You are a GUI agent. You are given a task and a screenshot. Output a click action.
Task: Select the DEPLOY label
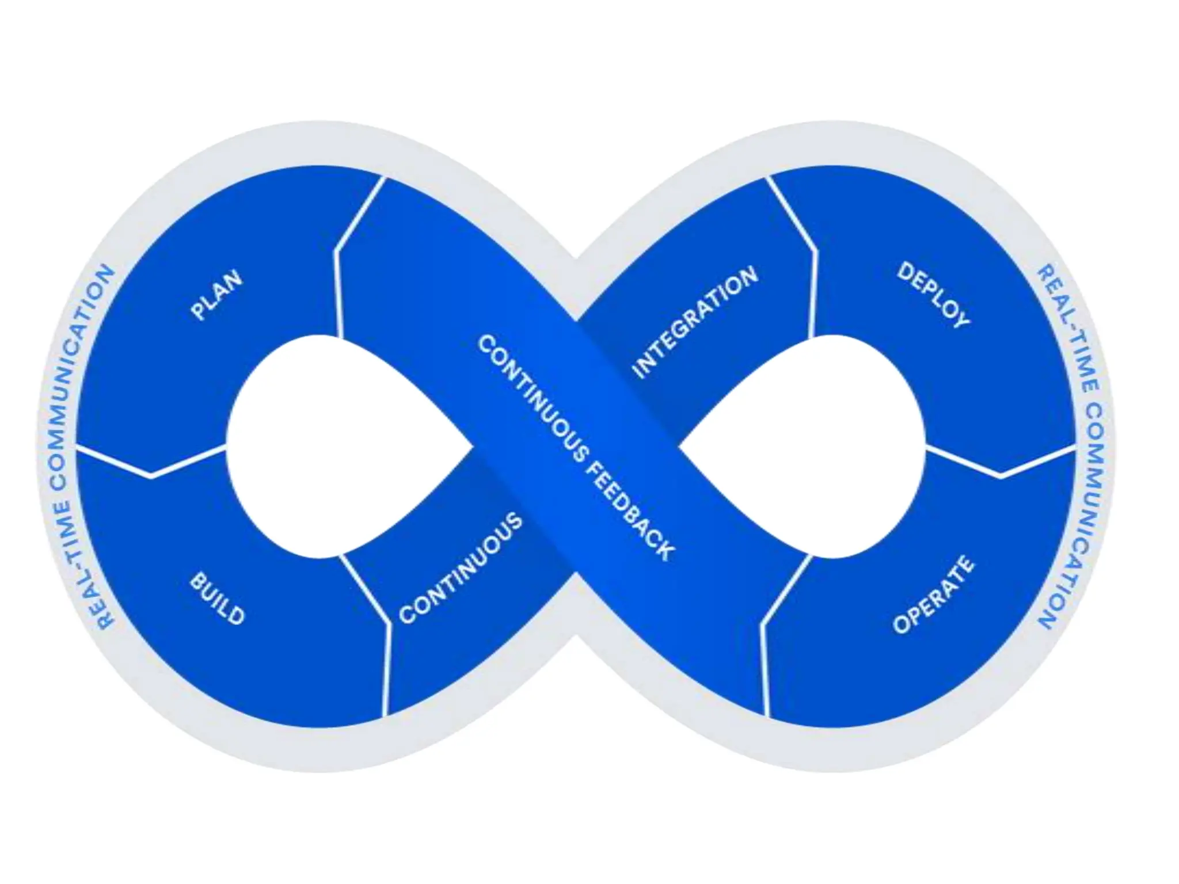(x=933, y=295)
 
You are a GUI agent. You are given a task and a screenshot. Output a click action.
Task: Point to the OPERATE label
(x=933, y=595)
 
